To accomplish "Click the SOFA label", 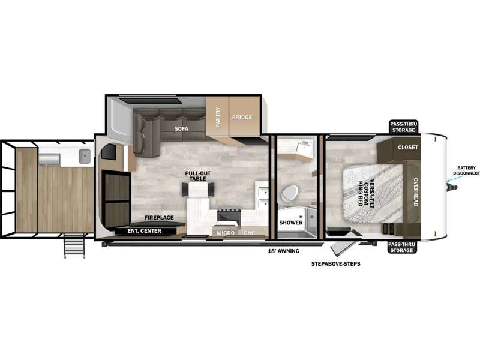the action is (x=181, y=129).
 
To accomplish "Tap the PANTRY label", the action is (x=218, y=117).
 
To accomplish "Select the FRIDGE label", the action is (x=242, y=117).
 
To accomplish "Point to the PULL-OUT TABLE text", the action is (x=198, y=176).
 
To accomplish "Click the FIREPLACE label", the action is (x=159, y=218).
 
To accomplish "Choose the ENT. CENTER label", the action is (x=144, y=231).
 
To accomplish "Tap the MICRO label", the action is (x=226, y=233).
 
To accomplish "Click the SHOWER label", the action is (x=291, y=223).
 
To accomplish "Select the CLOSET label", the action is (x=408, y=147).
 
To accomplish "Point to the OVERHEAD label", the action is (x=416, y=192).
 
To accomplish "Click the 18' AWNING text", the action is (x=283, y=251).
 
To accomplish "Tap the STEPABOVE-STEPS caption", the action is (x=336, y=263).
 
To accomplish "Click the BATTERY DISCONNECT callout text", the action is (x=467, y=170).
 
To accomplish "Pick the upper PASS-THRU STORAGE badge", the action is (x=403, y=127).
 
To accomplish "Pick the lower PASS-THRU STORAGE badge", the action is (x=401, y=247).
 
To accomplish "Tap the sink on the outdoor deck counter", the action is (x=85, y=156).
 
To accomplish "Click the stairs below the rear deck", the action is (x=74, y=246).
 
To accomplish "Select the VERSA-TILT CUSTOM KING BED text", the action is (x=366, y=193).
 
